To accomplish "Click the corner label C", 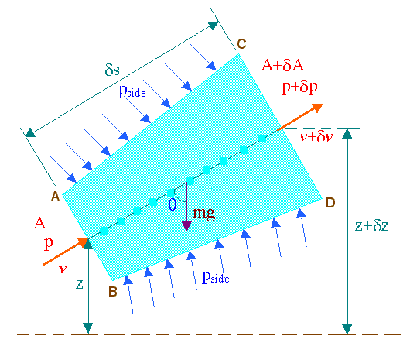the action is pos(241,43).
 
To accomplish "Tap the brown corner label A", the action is pos(55,196).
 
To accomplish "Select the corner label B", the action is pos(113,291).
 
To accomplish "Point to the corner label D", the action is pos(330,203).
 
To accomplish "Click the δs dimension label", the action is pos(112,70).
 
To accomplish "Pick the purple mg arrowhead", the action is pos(186,225).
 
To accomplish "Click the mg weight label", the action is pos(203,213).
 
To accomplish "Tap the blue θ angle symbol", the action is pos(173,204).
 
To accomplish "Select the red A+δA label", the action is pos(283,65).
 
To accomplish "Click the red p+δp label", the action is pos(299,87).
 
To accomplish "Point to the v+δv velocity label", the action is pos(316,136).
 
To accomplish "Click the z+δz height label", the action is pos(372,225).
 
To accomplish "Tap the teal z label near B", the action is pos(79,284).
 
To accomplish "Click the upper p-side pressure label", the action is pos(132,91).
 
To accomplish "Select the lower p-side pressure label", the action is pos(216,277).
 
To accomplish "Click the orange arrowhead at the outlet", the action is pos(317,108).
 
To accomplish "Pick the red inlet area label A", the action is pos(40,223).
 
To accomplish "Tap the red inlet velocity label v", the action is pos(63,269).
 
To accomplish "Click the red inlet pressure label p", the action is pos(49,243).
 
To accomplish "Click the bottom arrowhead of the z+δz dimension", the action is pos(347,329).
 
